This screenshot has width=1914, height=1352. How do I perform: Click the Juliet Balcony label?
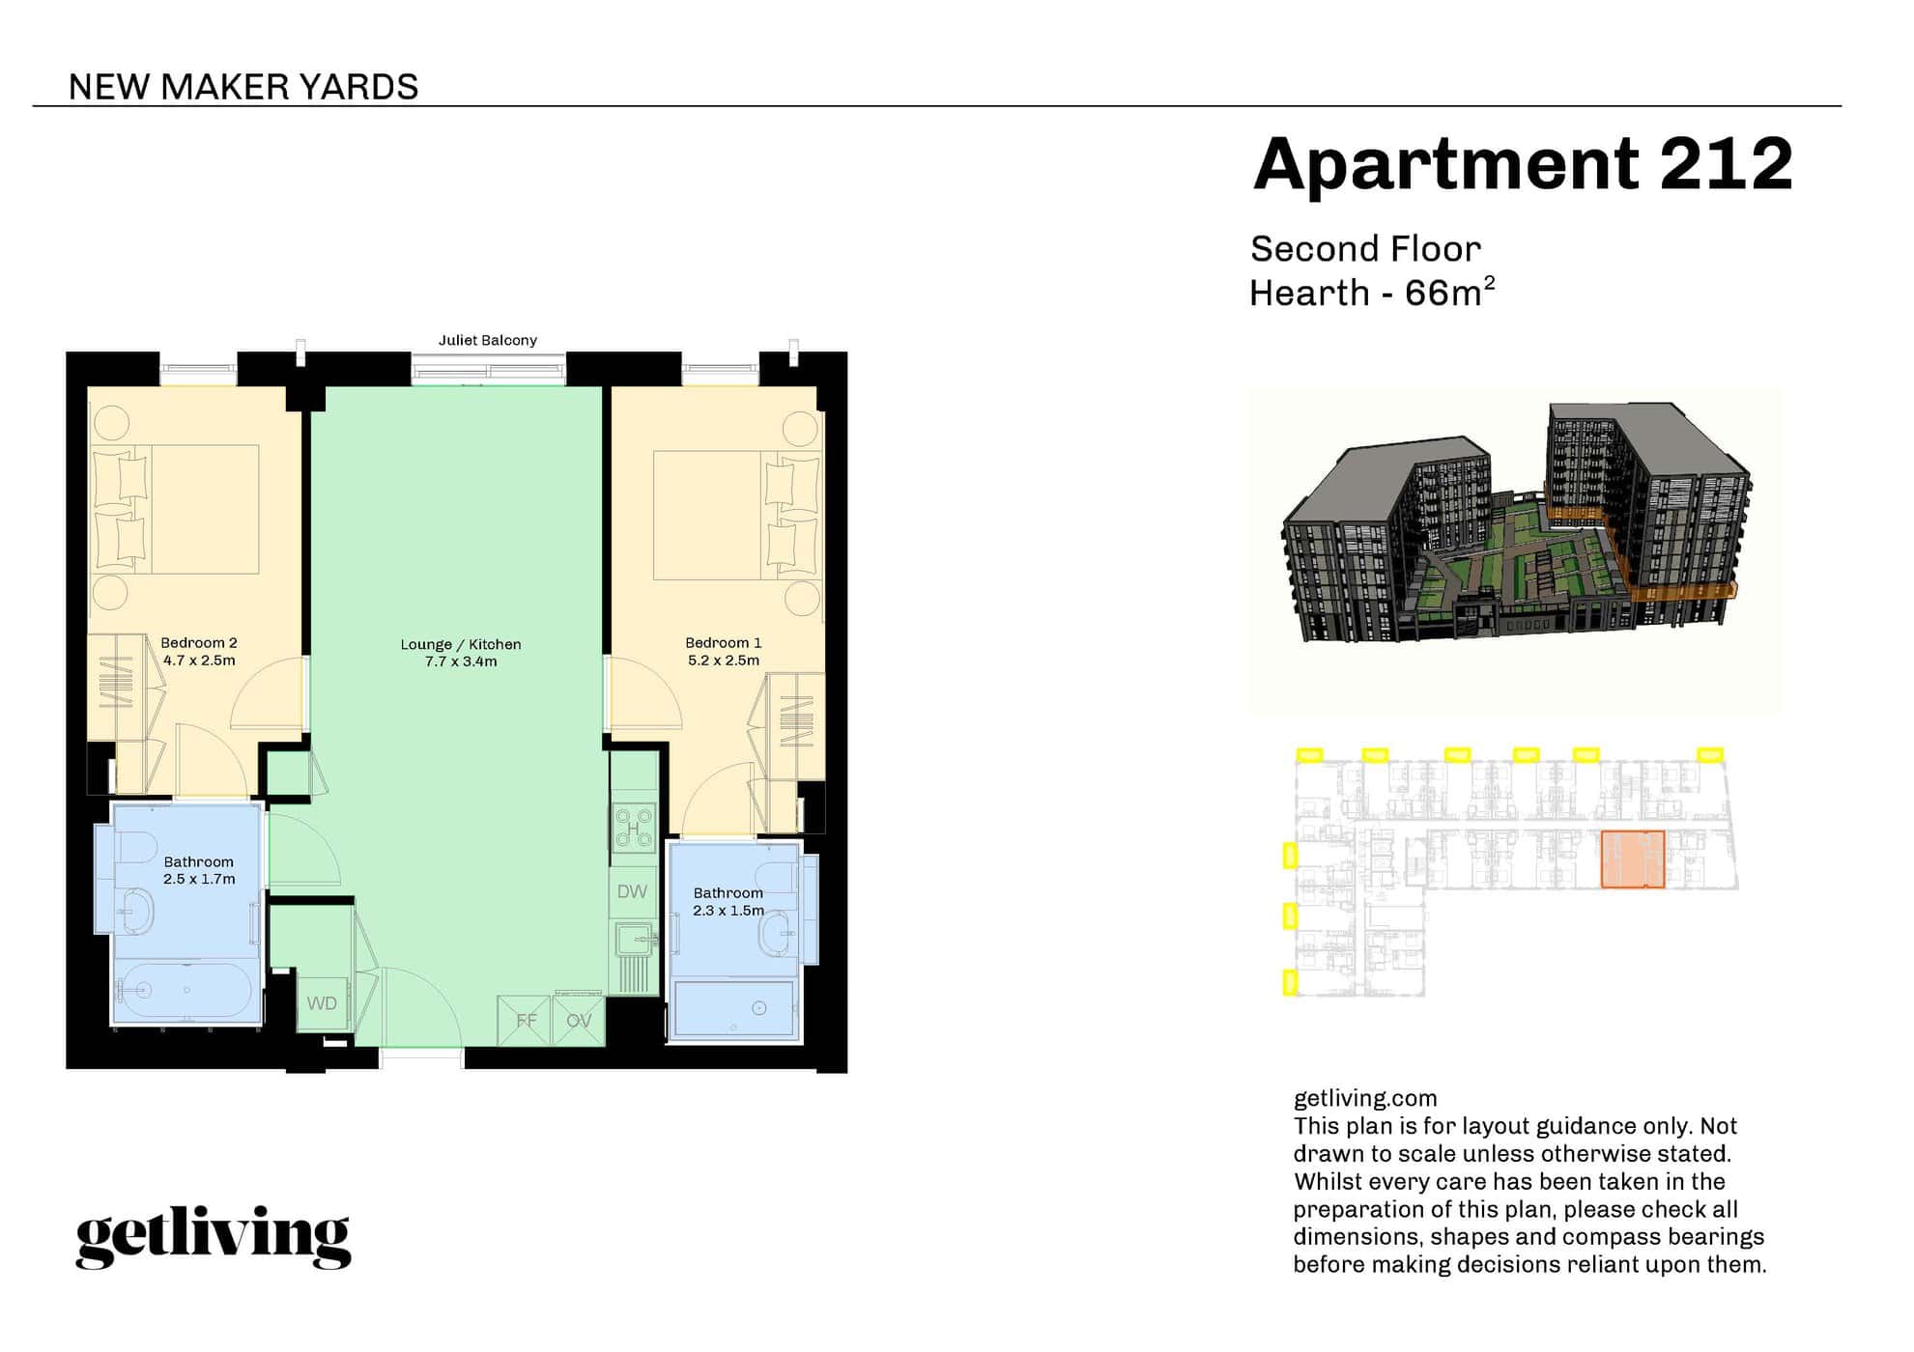(487, 340)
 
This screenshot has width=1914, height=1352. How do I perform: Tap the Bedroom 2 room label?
(198, 643)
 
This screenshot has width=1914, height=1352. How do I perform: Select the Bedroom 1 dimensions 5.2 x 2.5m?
(723, 662)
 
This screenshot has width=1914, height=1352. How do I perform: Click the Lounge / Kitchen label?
(460, 644)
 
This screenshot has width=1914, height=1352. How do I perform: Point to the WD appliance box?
(322, 1003)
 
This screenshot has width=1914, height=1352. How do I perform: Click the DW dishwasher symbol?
(632, 892)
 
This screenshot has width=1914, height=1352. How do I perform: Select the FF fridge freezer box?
(525, 1021)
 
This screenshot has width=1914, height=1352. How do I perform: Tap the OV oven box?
(579, 1021)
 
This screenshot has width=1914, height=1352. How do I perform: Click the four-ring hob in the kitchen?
(634, 828)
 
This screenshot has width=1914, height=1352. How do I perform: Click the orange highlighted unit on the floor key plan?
(1632, 859)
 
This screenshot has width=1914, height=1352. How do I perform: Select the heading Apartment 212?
(1522, 164)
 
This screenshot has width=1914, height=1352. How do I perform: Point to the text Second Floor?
(1364, 249)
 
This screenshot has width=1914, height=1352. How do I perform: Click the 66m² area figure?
(1449, 293)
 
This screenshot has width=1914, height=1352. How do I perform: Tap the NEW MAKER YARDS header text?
(243, 87)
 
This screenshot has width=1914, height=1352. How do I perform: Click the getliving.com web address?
(1364, 1098)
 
